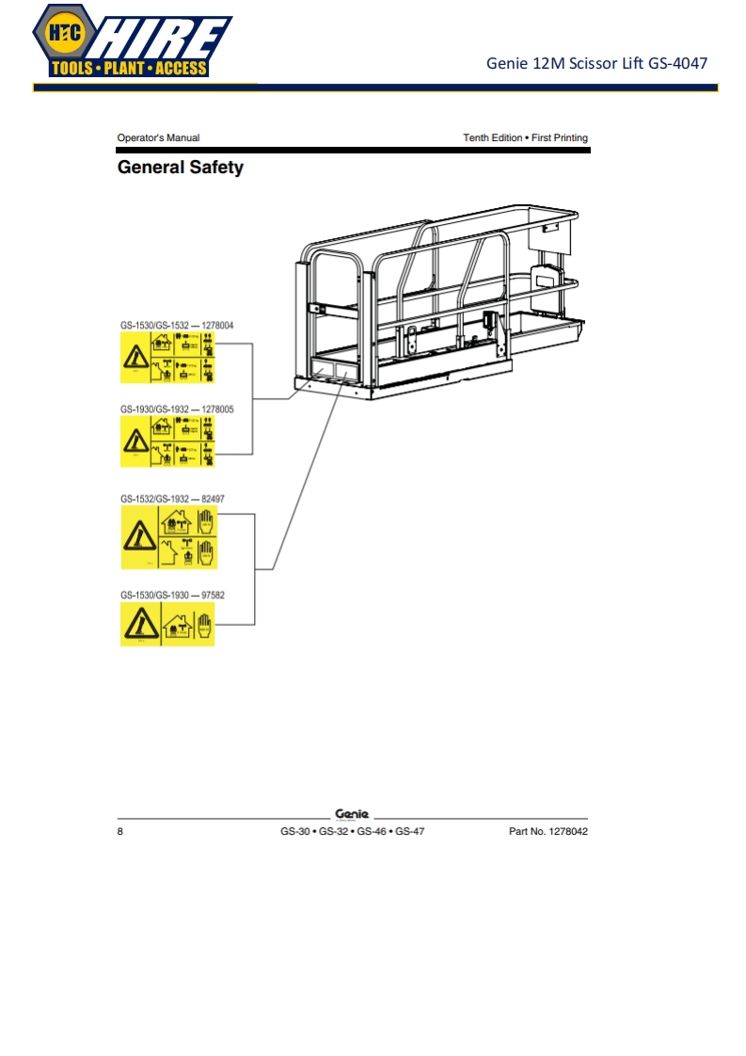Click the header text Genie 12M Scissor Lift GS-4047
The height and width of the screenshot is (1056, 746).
(596, 64)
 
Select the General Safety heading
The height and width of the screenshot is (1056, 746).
(180, 168)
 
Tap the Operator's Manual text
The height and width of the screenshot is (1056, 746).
(158, 138)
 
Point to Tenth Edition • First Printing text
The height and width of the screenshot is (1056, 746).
(525, 138)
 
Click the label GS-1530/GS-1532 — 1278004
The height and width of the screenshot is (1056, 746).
(177, 326)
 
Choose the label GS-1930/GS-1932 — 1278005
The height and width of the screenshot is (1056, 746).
(177, 409)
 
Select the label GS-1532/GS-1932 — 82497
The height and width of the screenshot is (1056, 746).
(172, 498)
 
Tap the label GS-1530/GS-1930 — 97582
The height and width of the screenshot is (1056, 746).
(172, 595)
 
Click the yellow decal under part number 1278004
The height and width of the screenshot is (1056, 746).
(167, 359)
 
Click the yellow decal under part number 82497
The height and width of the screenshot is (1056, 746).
(168, 537)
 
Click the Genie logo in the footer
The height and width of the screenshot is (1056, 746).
(352, 814)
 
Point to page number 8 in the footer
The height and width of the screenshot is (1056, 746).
(120, 832)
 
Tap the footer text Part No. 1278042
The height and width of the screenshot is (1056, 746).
(548, 832)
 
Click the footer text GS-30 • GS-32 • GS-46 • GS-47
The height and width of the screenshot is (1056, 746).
(352, 832)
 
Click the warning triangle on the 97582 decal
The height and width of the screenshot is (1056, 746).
(139, 623)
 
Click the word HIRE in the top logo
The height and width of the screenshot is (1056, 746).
(160, 38)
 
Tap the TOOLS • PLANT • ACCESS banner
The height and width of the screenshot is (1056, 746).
(130, 69)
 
